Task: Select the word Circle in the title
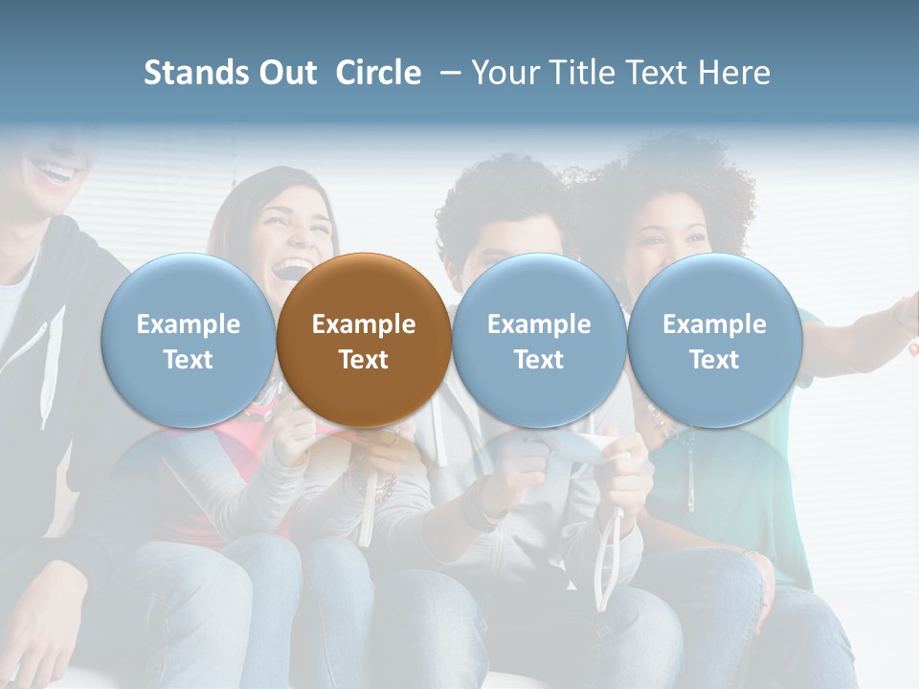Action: click(x=378, y=73)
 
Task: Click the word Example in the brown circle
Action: click(x=364, y=324)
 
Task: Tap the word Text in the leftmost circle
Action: click(x=189, y=360)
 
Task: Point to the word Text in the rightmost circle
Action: click(x=714, y=360)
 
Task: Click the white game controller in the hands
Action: click(x=579, y=445)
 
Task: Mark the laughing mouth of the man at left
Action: click(x=55, y=173)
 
